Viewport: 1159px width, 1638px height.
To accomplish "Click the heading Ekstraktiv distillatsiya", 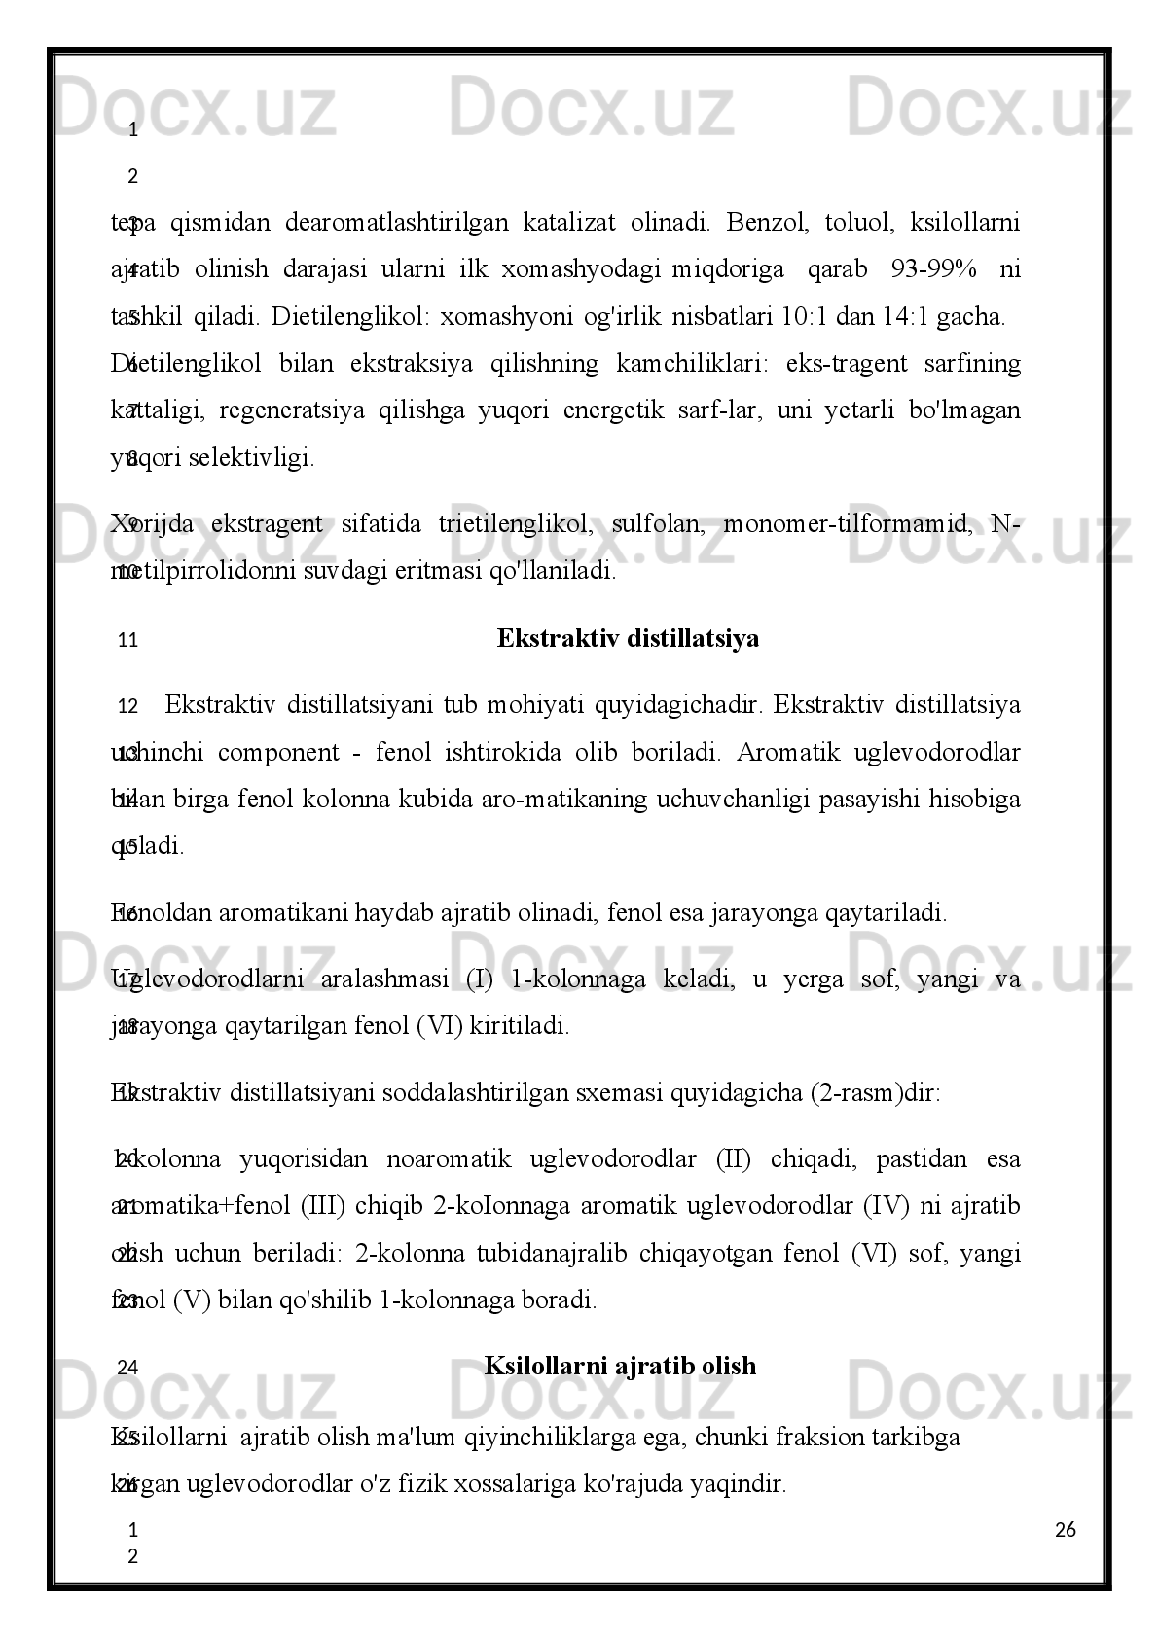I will [628, 639].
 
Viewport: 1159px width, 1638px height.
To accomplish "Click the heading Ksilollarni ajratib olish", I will [620, 1366].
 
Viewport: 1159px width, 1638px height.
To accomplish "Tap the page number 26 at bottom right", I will [1066, 1531].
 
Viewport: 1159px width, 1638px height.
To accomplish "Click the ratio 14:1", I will [909, 317].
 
